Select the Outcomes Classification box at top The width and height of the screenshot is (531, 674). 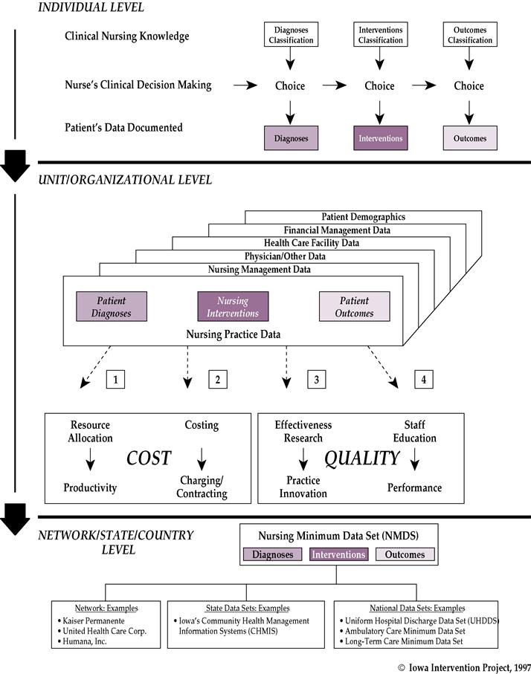click(x=469, y=35)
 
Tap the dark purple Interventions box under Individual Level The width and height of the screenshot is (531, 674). click(x=379, y=138)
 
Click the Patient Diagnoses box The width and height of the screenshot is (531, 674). click(x=111, y=307)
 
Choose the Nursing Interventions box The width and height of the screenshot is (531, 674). click(x=233, y=307)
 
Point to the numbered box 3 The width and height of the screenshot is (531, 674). click(x=316, y=380)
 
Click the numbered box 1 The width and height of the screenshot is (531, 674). click(x=115, y=380)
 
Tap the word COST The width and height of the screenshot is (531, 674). click(x=149, y=458)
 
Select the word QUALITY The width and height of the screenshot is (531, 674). click(x=362, y=458)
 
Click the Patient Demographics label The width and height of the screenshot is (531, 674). click(x=363, y=217)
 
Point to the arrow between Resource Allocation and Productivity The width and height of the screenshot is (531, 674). click(x=91, y=462)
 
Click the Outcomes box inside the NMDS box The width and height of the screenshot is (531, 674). click(x=405, y=554)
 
